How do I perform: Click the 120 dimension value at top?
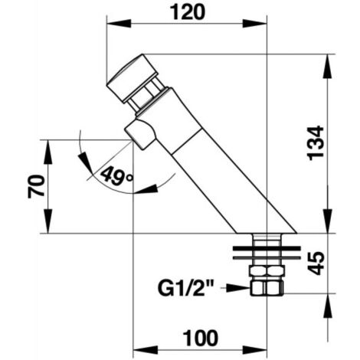coord(188,12)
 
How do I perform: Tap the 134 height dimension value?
coord(316,143)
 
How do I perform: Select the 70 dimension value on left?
coord(36,186)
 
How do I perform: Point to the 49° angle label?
coord(117,175)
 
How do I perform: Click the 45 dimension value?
coord(316,263)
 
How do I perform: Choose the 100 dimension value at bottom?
coord(201,338)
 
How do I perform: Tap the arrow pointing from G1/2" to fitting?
coord(237,288)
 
